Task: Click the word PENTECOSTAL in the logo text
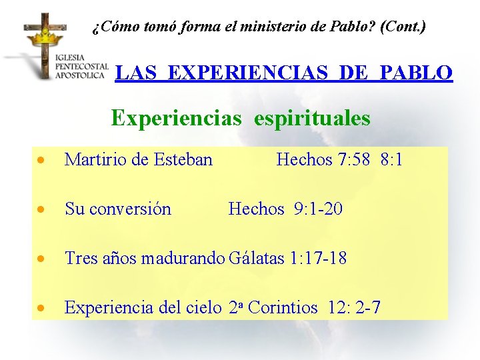pyautogui.click(x=82, y=67)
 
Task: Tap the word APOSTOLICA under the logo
pyautogui.click(x=80, y=75)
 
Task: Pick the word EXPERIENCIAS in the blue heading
pyautogui.click(x=251, y=73)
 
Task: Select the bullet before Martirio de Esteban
pyautogui.click(x=42, y=161)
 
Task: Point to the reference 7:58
pyautogui.click(x=353, y=159)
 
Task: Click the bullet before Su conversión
pyautogui.click(x=42, y=210)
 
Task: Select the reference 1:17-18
pyautogui.click(x=319, y=258)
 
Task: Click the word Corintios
pyautogui.click(x=283, y=307)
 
